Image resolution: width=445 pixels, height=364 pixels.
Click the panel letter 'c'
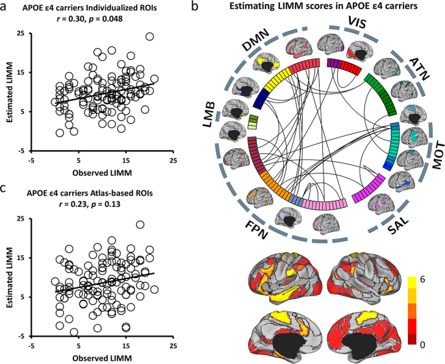coord(5,189)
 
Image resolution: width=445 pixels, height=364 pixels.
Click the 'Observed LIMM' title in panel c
coord(98,358)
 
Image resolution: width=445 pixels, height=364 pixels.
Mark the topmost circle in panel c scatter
coord(140,225)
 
